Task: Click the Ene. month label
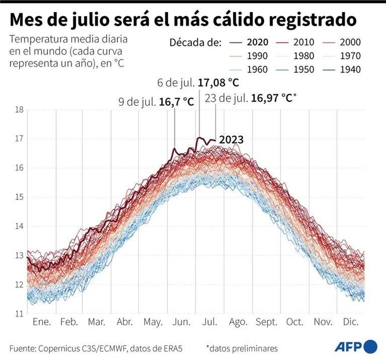(x=42, y=322)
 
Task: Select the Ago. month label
(x=238, y=322)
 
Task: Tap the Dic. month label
(x=350, y=322)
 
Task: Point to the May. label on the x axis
(x=154, y=322)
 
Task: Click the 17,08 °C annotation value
(x=219, y=83)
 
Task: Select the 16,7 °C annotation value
(x=177, y=102)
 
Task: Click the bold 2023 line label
(x=231, y=140)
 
